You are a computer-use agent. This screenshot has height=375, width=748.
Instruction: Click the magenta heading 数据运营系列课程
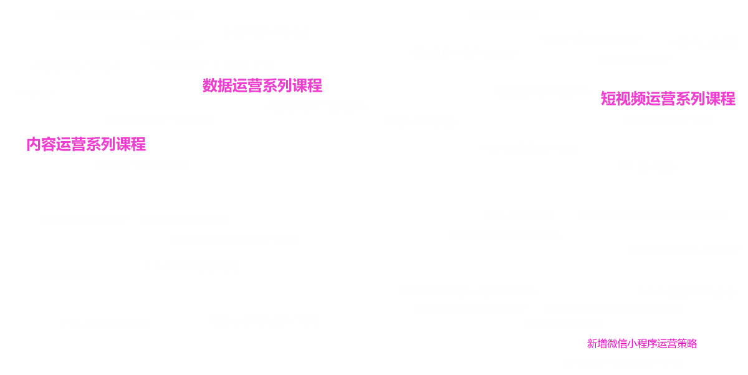click(262, 85)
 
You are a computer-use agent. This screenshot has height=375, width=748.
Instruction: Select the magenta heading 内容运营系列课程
click(86, 145)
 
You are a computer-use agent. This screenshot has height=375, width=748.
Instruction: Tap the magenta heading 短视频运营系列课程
click(668, 99)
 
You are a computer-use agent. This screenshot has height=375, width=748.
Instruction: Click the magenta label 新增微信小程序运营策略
click(642, 344)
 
